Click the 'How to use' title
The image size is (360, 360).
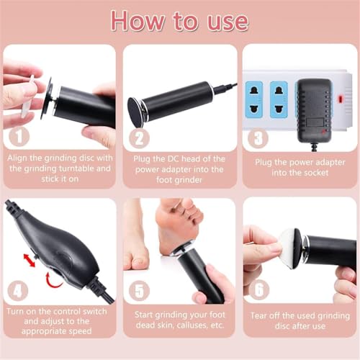point(180,21)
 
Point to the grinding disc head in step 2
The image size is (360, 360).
point(136,112)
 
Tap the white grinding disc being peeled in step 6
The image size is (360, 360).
point(290,245)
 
